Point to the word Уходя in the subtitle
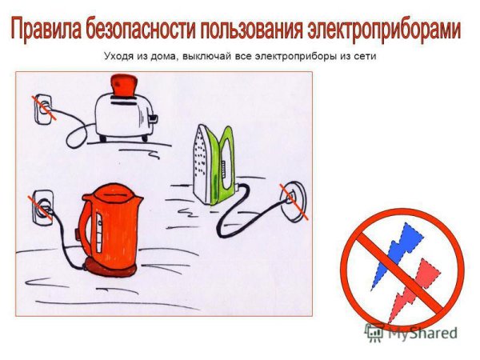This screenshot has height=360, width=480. (118, 58)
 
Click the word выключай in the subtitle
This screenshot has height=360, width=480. (214, 58)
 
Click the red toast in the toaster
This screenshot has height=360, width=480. (126, 84)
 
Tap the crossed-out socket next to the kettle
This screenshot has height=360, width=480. (42, 206)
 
